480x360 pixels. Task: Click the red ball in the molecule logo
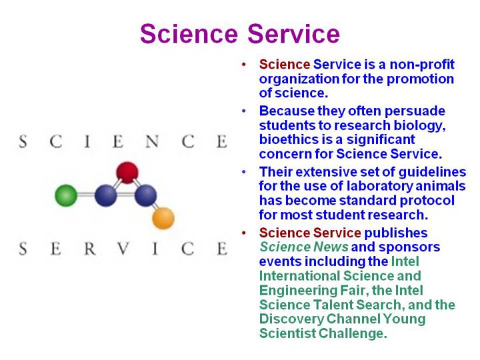tap(127, 173)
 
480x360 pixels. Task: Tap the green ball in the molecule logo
tap(66, 195)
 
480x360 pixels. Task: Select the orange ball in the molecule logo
tap(163, 218)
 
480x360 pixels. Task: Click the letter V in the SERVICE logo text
tap(123, 248)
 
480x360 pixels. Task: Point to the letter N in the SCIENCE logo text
tap(152, 141)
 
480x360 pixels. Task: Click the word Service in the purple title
tap(293, 34)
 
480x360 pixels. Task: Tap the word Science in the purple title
tap(189, 34)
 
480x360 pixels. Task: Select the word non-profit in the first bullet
tap(422, 65)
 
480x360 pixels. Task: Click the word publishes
tap(396, 233)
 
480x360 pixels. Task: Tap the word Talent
tap(333, 305)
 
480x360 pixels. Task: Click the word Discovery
tap(292, 319)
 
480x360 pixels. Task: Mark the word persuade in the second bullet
tap(415, 111)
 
